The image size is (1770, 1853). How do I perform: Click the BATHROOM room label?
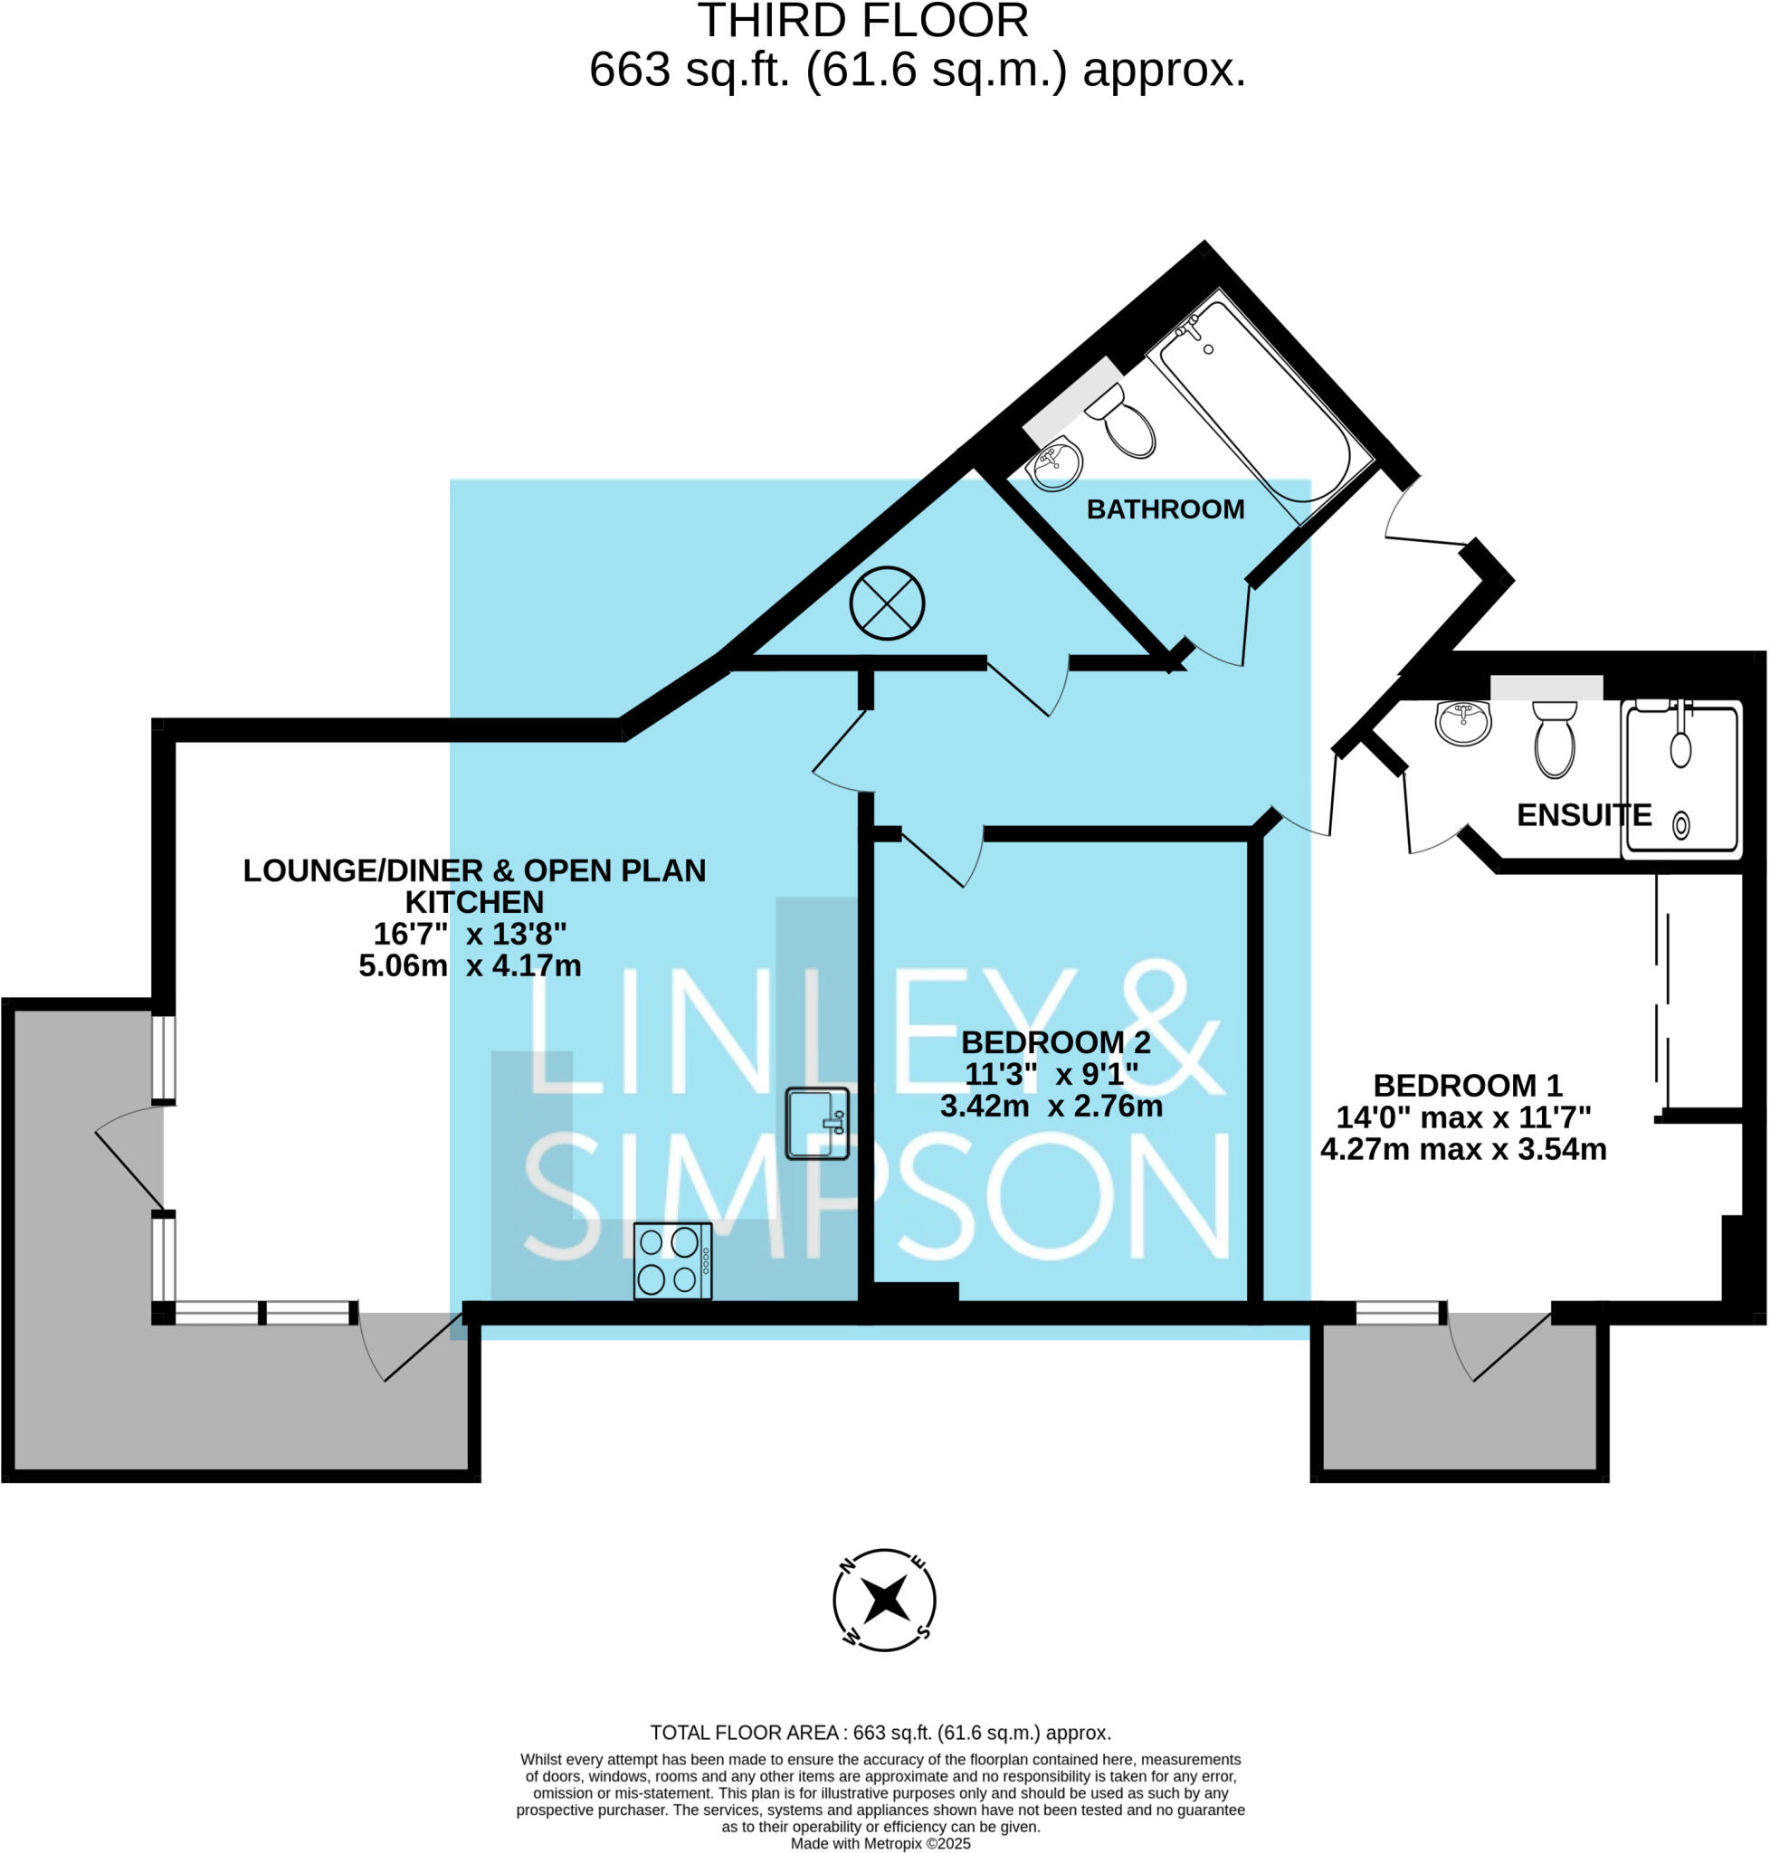coord(1166,509)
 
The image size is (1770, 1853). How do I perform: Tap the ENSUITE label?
coord(1584,815)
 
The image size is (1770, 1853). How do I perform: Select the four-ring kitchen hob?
coord(672,1260)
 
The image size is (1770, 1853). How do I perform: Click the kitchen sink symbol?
coord(817,1123)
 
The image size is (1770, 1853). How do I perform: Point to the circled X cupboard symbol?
coord(887,603)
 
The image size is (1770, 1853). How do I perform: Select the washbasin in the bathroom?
coord(1055,464)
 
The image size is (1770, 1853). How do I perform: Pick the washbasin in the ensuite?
coord(1462,722)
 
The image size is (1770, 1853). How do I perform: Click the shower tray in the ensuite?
coord(1681,779)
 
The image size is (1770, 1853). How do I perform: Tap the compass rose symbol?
coord(884,1601)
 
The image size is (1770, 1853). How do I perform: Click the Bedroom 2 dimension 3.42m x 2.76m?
coord(1052,1106)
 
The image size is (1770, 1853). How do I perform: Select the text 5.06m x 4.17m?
coord(470,966)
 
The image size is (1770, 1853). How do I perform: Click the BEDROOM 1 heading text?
coord(1467,1086)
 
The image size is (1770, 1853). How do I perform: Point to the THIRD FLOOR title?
coord(862,21)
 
